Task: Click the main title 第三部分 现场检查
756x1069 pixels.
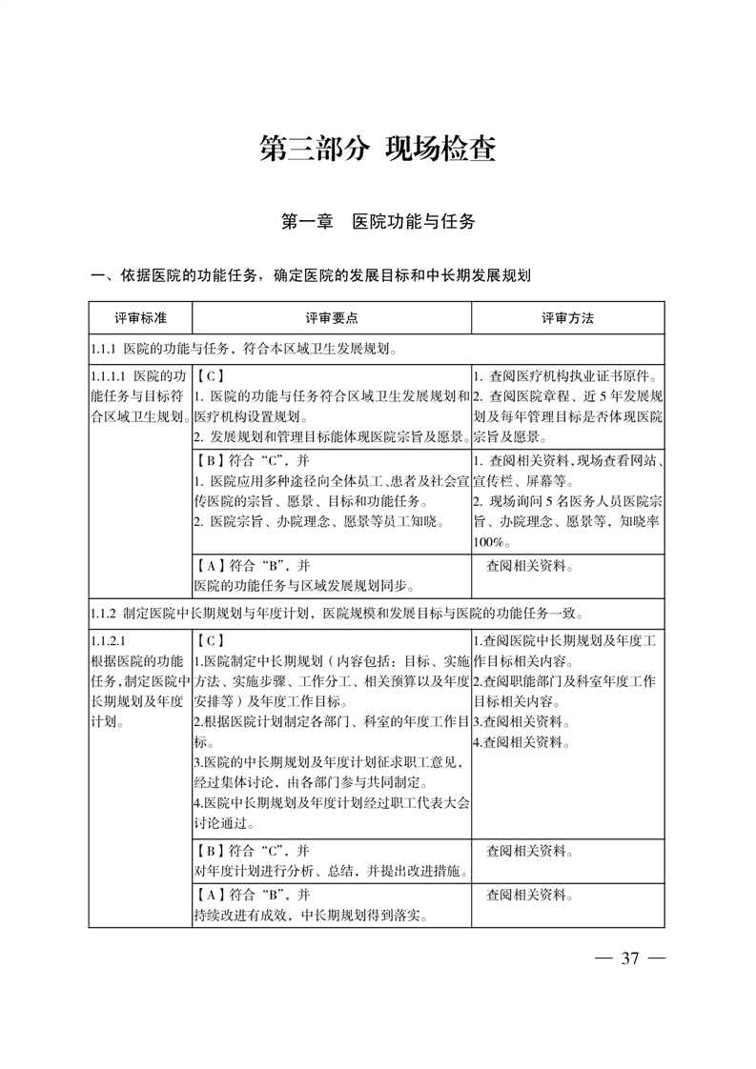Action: click(378, 151)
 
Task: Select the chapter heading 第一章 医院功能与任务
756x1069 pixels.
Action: click(378, 222)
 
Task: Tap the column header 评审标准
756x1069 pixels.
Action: click(140, 317)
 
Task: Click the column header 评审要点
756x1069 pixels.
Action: click(332, 317)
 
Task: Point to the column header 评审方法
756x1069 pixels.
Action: click(567, 317)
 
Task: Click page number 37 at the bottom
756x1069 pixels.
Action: click(628, 958)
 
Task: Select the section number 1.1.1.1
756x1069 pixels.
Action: click(108, 374)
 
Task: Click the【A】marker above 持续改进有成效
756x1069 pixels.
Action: click(210, 896)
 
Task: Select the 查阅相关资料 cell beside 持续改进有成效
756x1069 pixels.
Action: click(529, 896)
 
